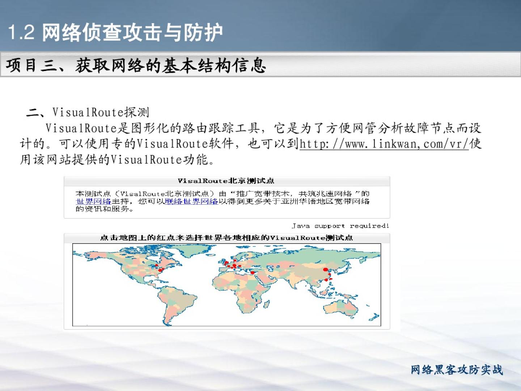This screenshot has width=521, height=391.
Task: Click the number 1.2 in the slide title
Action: [21, 32]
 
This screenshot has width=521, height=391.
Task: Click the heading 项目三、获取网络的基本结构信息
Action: [136, 65]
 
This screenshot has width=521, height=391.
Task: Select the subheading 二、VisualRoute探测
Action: [88, 112]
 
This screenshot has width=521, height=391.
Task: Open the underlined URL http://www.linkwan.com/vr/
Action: [384, 144]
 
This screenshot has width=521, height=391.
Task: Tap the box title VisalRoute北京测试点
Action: [226, 181]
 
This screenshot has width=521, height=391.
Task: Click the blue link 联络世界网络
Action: [191, 201]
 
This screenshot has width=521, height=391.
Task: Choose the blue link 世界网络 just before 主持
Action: [93, 201]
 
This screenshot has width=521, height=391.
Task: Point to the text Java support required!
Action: [340, 226]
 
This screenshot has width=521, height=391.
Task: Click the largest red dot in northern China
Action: [326, 269]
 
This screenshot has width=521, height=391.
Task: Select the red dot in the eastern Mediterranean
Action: [253, 273]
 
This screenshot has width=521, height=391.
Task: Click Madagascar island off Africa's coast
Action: [267, 304]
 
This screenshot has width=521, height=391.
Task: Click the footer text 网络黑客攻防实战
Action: [457, 370]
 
